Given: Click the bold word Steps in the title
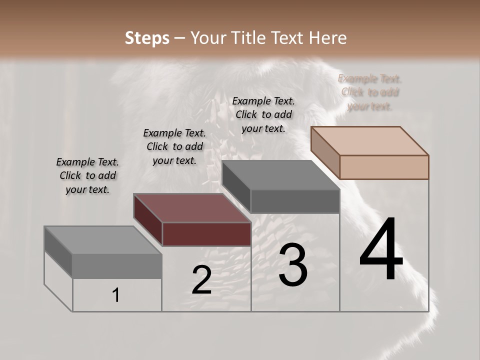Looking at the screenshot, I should [x=147, y=38].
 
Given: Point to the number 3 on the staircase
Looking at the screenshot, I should [x=293, y=265].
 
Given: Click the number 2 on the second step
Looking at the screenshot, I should [x=201, y=280].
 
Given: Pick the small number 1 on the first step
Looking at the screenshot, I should [x=115, y=295].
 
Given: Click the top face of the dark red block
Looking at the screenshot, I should [x=192, y=208].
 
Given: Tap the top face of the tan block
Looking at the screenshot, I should [x=370, y=140].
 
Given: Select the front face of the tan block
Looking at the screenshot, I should [x=384, y=167].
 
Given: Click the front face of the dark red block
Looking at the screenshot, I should [x=206, y=234].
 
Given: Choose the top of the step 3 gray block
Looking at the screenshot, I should [x=280, y=175].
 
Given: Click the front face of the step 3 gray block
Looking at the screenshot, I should [x=295, y=201].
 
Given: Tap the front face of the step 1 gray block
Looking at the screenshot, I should [x=117, y=266].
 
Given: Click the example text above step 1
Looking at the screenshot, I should [x=87, y=176].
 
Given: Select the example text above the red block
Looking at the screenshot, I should [x=174, y=146].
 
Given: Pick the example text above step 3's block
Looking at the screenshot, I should [x=263, y=114].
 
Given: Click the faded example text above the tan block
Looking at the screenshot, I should [x=369, y=92].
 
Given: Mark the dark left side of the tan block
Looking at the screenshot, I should [x=325, y=153].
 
